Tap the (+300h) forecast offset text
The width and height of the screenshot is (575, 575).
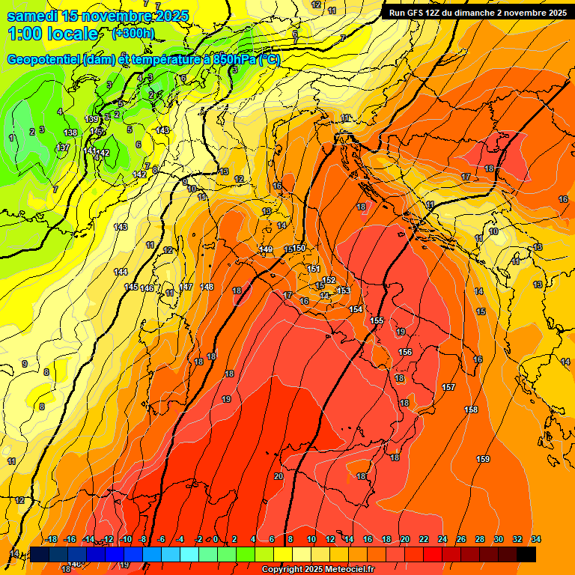[133, 33]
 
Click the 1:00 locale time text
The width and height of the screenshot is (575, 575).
[53, 34]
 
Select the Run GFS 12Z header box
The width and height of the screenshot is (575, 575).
[477, 13]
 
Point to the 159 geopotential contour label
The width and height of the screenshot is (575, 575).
[483, 459]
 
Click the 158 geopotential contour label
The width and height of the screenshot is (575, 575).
[471, 410]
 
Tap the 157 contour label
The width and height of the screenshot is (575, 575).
[448, 387]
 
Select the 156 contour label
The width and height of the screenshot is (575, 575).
[405, 352]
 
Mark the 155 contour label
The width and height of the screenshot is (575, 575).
[377, 320]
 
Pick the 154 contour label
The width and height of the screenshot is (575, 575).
[356, 309]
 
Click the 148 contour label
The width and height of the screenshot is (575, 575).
[207, 287]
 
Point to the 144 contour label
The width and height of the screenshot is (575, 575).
[121, 272]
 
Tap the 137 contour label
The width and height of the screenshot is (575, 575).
[63, 147]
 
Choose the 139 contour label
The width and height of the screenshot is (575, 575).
[91, 119]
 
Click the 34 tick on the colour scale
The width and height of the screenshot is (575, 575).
[535, 539]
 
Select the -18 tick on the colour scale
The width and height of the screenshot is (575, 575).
[52, 539]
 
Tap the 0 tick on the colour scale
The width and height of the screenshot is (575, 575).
[216, 539]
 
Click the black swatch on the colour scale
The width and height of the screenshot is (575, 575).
[526, 554]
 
